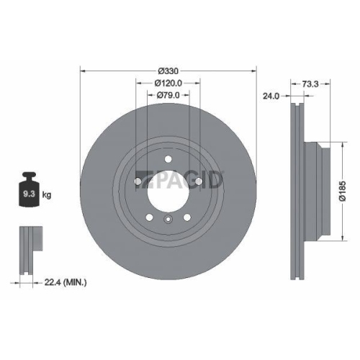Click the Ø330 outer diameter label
[168, 71]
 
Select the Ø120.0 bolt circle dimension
[168, 83]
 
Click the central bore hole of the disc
[168, 189]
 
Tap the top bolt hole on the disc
[168, 161]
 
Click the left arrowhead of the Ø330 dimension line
[82, 71]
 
